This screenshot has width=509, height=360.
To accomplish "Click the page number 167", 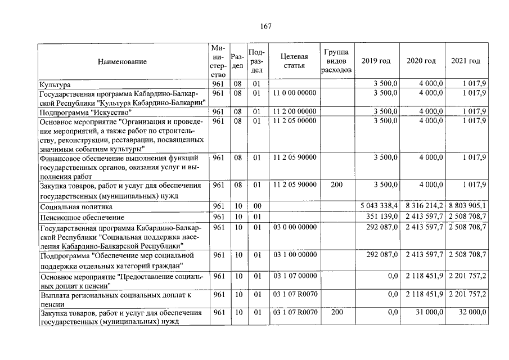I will (267, 28).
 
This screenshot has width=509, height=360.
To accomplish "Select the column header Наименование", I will (122, 61).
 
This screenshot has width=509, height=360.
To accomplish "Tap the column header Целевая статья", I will (294, 61).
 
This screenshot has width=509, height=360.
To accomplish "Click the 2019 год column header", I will (376, 61).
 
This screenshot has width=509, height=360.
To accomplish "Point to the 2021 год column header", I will (466, 61).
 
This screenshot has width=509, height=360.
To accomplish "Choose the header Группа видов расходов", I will (336, 61).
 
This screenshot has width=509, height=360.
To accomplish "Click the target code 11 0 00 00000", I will (294, 93).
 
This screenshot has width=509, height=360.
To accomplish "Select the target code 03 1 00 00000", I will (294, 255).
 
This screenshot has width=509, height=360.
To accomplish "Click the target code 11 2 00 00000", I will (294, 111).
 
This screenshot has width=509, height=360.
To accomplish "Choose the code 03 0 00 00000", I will (294, 227).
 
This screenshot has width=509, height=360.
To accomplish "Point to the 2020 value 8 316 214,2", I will (424, 206).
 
